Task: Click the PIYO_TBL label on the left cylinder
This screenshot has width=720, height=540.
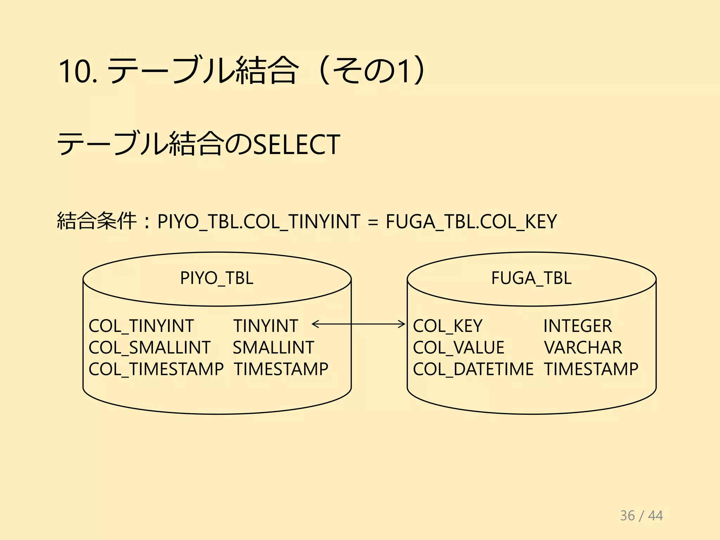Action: (217, 278)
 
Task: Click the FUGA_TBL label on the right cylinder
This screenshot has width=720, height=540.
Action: (531, 278)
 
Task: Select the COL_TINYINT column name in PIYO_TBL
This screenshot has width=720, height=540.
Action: (141, 326)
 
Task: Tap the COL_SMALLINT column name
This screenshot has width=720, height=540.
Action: (150, 348)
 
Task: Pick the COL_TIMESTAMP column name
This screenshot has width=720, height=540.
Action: (156, 369)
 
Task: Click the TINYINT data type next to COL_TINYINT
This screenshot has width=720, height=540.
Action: (266, 326)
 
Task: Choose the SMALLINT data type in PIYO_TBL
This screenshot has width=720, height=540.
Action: (273, 348)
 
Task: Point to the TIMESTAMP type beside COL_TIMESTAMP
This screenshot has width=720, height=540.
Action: (281, 369)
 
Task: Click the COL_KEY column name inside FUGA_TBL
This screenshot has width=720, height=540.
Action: (448, 326)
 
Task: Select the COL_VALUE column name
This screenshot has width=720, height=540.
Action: (458, 348)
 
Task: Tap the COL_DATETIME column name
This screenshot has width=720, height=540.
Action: (473, 369)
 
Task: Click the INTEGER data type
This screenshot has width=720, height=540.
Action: (578, 326)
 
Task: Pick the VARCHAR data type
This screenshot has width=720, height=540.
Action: (583, 348)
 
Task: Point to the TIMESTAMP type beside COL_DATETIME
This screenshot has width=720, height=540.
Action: (591, 369)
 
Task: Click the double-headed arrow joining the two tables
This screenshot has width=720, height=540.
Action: (359, 324)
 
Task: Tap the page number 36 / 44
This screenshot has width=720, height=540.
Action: (641, 516)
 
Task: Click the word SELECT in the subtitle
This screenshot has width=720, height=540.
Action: (296, 144)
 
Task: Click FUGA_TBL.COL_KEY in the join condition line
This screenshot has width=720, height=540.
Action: (471, 222)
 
